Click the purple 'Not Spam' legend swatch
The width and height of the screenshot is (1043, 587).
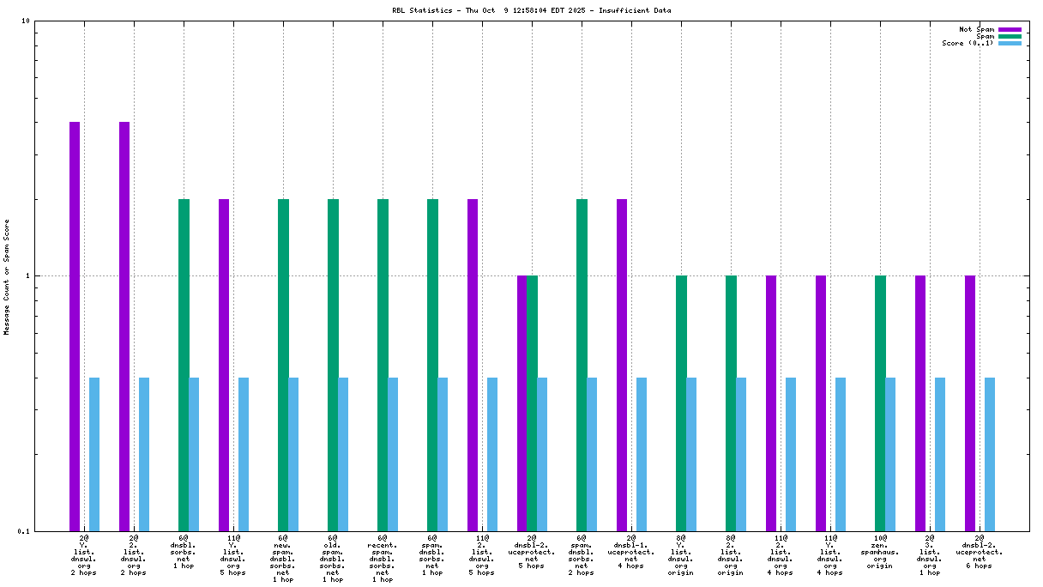pyautogui.click(x=1010, y=29)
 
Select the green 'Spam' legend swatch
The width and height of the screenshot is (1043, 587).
pyautogui.click(x=1010, y=36)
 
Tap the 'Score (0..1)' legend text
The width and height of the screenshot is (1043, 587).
pyautogui.click(x=968, y=43)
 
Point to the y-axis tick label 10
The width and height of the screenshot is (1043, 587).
pyautogui.click(x=26, y=21)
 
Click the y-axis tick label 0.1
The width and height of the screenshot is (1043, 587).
pyautogui.click(x=23, y=531)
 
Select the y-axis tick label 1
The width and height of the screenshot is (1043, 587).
pyautogui.click(x=27, y=275)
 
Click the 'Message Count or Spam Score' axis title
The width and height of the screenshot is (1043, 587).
pyautogui.click(x=7, y=276)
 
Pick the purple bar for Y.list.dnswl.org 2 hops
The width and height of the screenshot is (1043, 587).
pyautogui.click(x=75, y=326)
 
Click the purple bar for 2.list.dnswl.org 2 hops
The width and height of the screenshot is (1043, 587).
pyautogui.click(x=124, y=326)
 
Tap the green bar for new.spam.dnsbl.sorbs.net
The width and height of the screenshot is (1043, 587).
pyautogui.click(x=283, y=365)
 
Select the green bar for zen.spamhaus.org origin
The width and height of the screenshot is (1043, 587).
pyautogui.click(x=880, y=403)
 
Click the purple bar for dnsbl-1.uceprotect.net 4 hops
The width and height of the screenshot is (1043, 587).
pyautogui.click(x=622, y=365)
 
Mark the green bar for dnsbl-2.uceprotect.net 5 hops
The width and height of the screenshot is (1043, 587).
pyautogui.click(x=533, y=403)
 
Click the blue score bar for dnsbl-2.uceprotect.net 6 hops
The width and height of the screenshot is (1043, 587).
pyautogui.click(x=990, y=454)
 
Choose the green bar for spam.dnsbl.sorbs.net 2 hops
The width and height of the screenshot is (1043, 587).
pyautogui.click(x=582, y=365)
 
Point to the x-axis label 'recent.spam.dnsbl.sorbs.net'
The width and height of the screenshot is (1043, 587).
pyautogui.click(x=383, y=559)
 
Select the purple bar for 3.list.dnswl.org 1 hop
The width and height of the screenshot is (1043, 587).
pyautogui.click(x=920, y=403)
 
